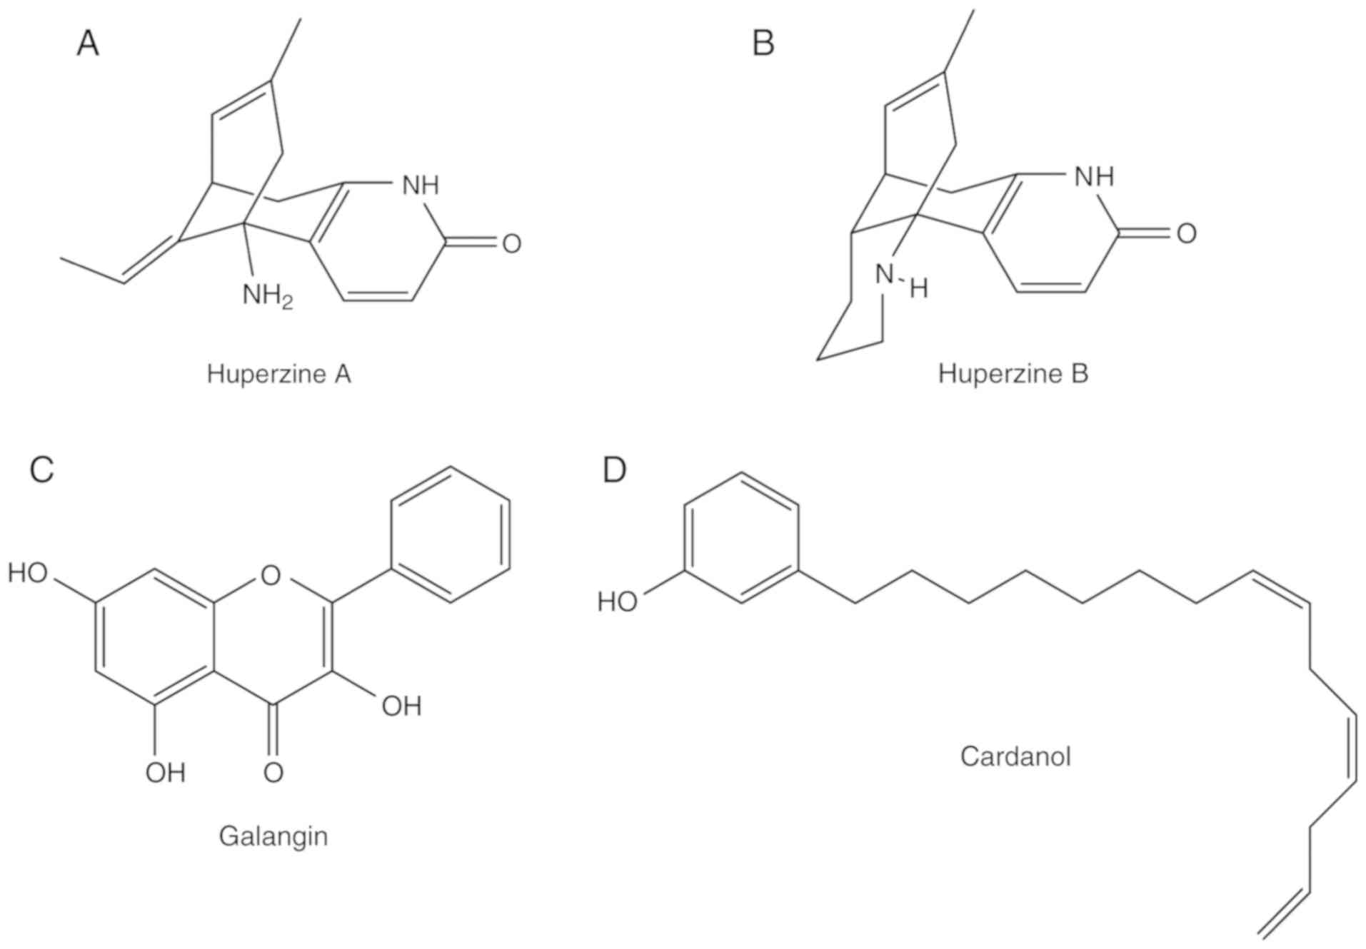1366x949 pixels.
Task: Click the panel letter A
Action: click(x=88, y=44)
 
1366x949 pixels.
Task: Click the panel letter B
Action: click(x=763, y=44)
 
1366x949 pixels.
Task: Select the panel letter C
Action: click(x=42, y=470)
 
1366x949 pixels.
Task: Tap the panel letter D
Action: click(x=614, y=470)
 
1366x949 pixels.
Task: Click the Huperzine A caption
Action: click(x=278, y=374)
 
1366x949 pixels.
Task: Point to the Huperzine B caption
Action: click(x=1013, y=374)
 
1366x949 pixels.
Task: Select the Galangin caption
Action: click(x=273, y=836)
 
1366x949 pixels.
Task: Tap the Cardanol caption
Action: click(x=1015, y=756)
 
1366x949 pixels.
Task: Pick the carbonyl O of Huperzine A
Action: click(x=511, y=244)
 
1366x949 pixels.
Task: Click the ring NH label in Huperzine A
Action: click(x=420, y=186)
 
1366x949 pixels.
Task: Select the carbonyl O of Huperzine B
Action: click(x=1186, y=234)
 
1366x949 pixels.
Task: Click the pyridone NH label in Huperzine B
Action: click(x=1094, y=176)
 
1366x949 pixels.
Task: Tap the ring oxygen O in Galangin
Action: click(x=271, y=574)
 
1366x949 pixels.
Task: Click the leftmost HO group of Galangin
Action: click(x=28, y=573)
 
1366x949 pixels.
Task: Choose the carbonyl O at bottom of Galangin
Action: click(x=273, y=772)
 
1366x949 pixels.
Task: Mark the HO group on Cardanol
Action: click(x=617, y=602)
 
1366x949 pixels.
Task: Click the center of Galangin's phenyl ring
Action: click(x=451, y=534)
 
